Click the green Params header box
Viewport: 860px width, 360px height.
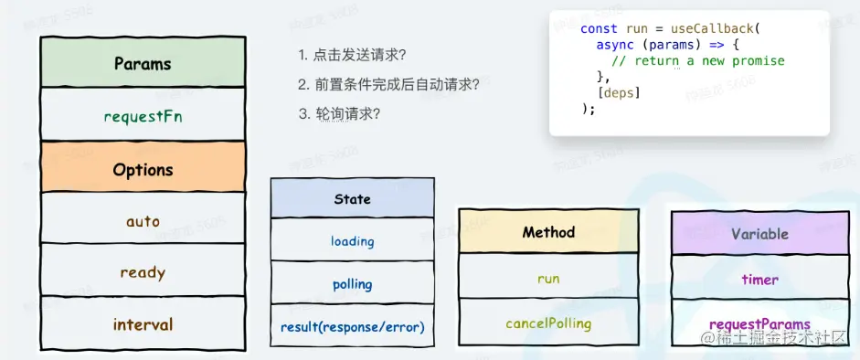tap(143, 62)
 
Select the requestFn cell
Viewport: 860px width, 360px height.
tap(143, 114)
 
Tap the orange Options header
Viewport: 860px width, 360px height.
tap(143, 166)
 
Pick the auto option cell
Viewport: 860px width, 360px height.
tap(143, 217)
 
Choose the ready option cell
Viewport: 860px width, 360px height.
tap(143, 270)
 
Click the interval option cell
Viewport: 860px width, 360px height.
tap(143, 323)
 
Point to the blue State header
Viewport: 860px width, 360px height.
tap(352, 197)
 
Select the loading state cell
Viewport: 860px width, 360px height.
tap(352, 239)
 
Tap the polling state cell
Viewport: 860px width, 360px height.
tap(352, 282)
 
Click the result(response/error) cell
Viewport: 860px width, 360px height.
tap(352, 325)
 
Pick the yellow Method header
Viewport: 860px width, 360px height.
tap(548, 231)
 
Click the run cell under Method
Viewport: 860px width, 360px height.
tap(548, 276)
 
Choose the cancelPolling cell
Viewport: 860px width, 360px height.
tap(548, 322)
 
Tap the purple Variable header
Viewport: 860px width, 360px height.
tap(759, 233)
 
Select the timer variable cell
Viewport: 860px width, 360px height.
tap(759, 278)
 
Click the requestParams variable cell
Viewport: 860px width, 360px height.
tap(759, 323)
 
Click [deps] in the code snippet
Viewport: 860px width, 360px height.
tap(621, 92)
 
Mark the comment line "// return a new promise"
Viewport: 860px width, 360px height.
tap(698, 61)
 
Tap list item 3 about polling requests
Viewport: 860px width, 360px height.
tap(339, 114)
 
